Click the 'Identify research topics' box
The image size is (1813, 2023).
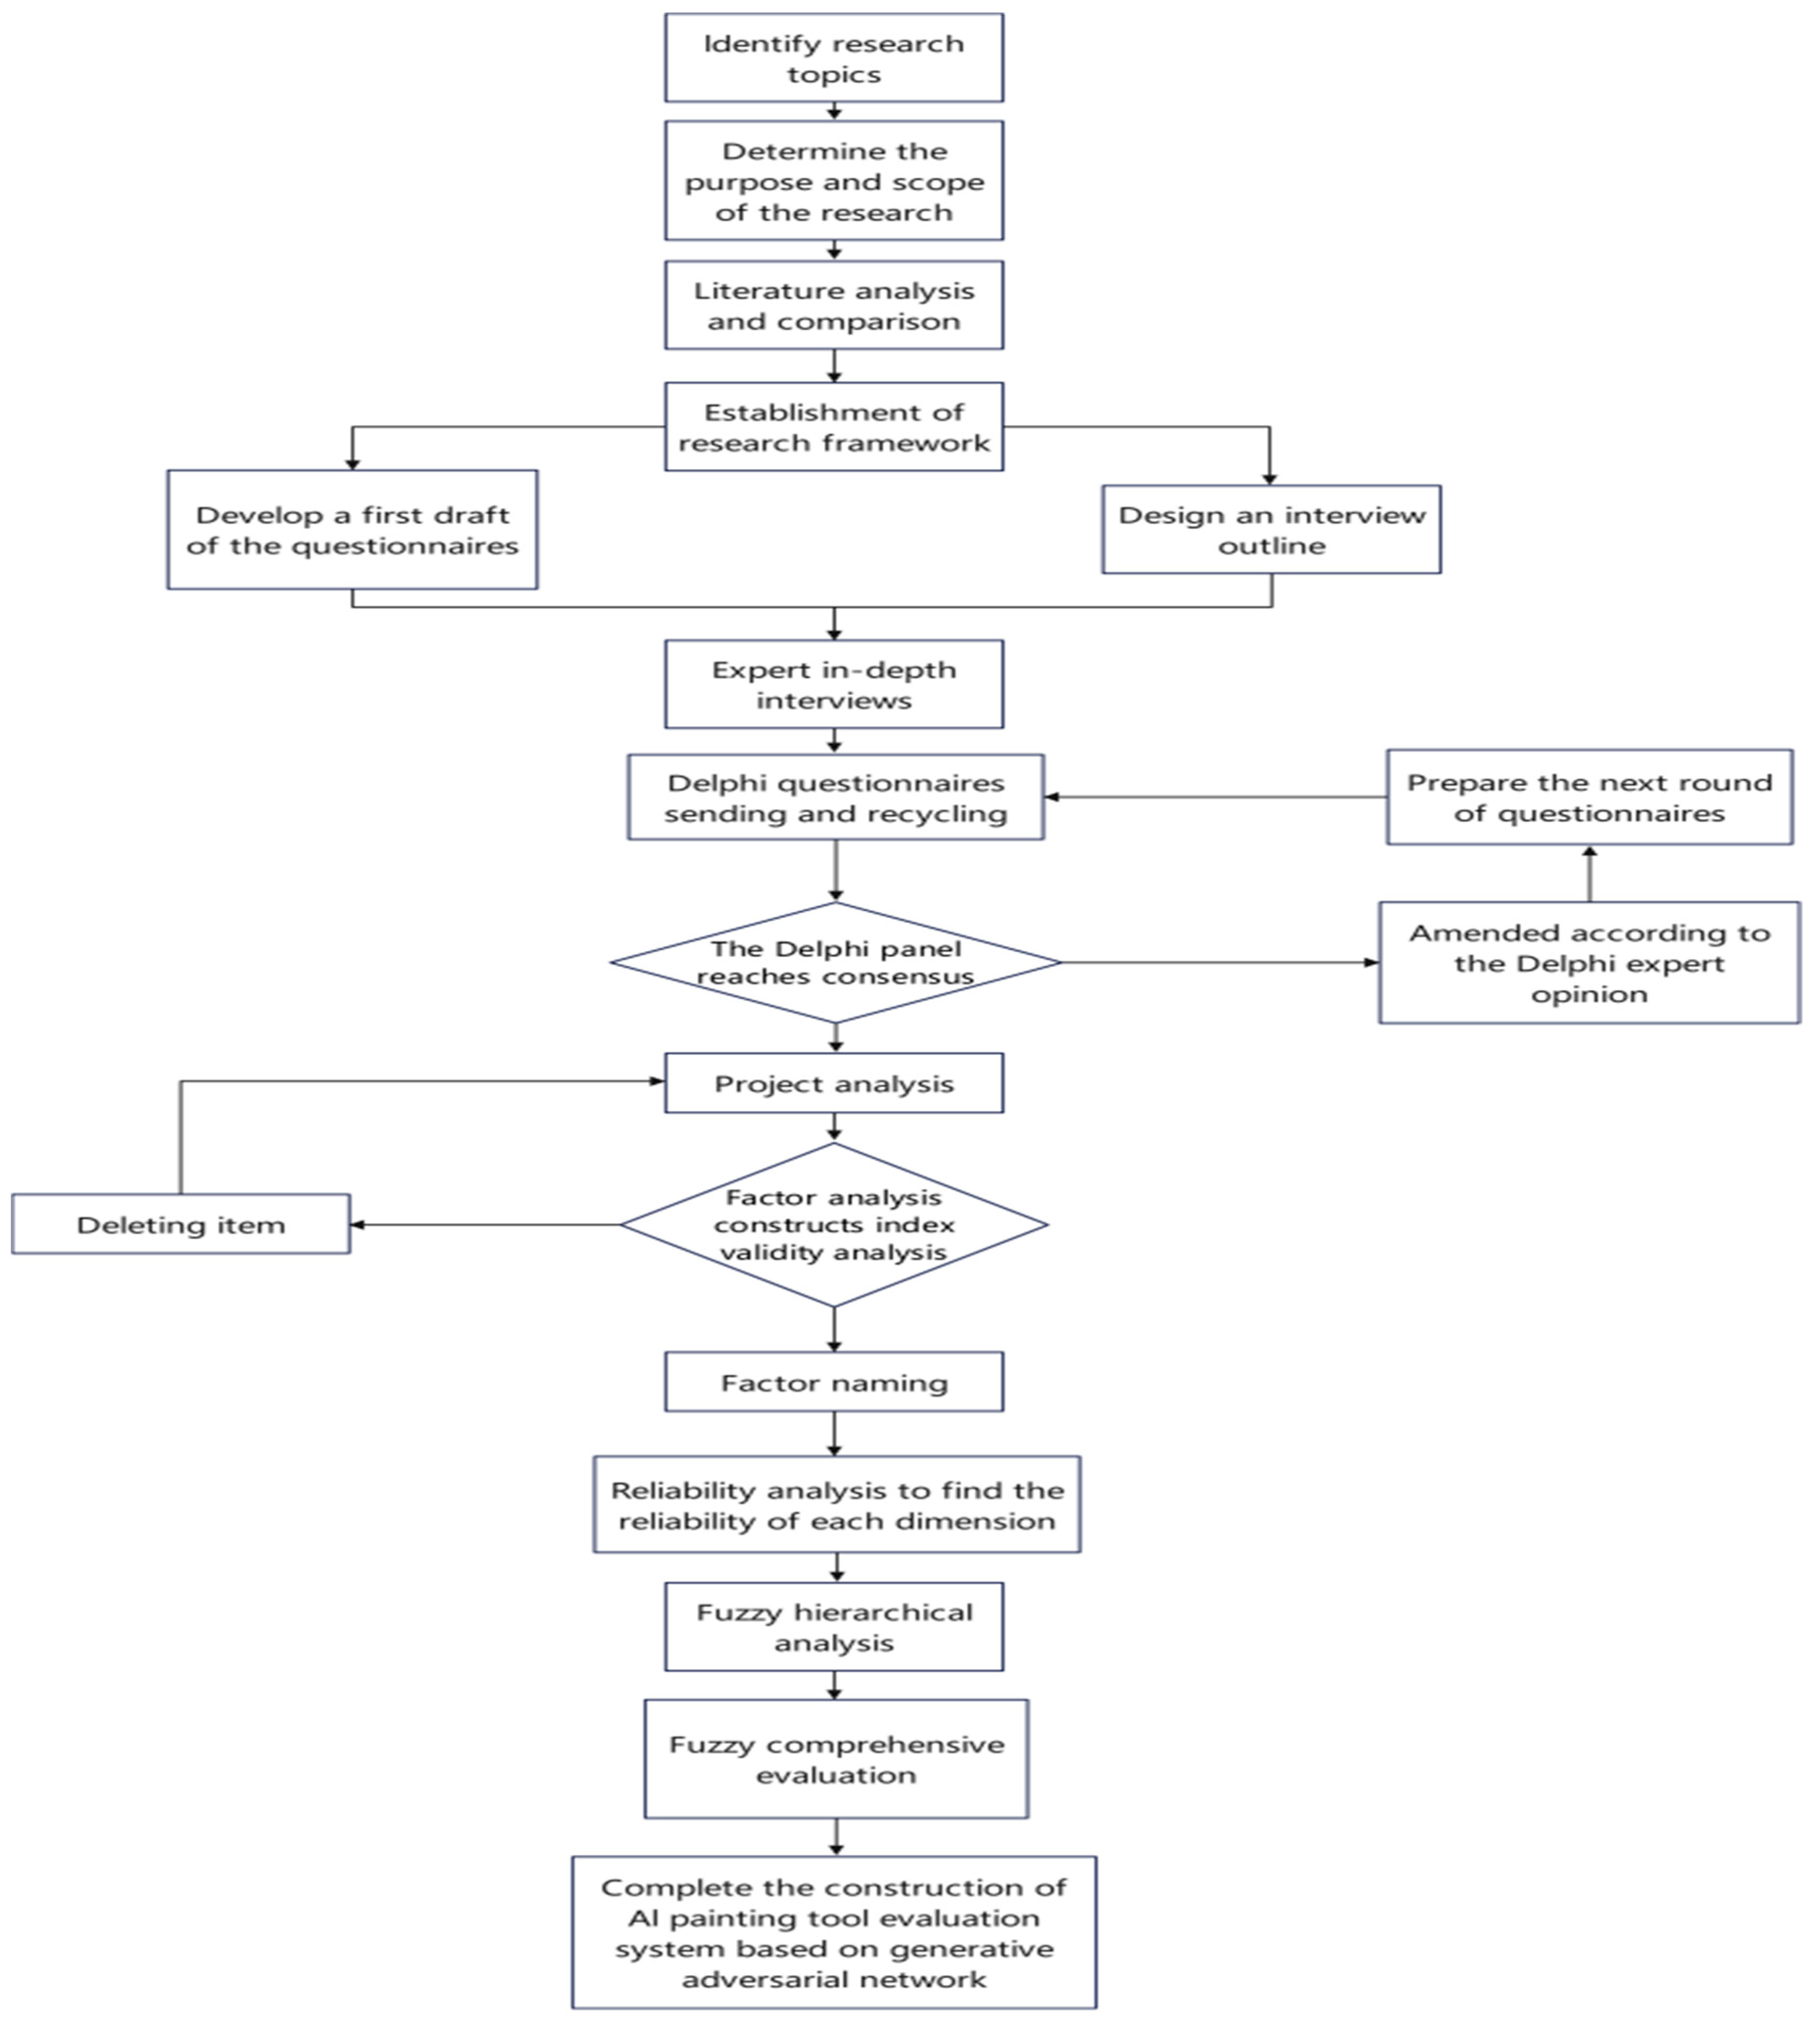coord(834,58)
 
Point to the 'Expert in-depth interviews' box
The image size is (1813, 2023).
coord(834,684)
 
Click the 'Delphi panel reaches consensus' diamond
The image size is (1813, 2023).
coord(835,962)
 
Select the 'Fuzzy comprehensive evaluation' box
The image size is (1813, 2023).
coord(836,1759)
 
